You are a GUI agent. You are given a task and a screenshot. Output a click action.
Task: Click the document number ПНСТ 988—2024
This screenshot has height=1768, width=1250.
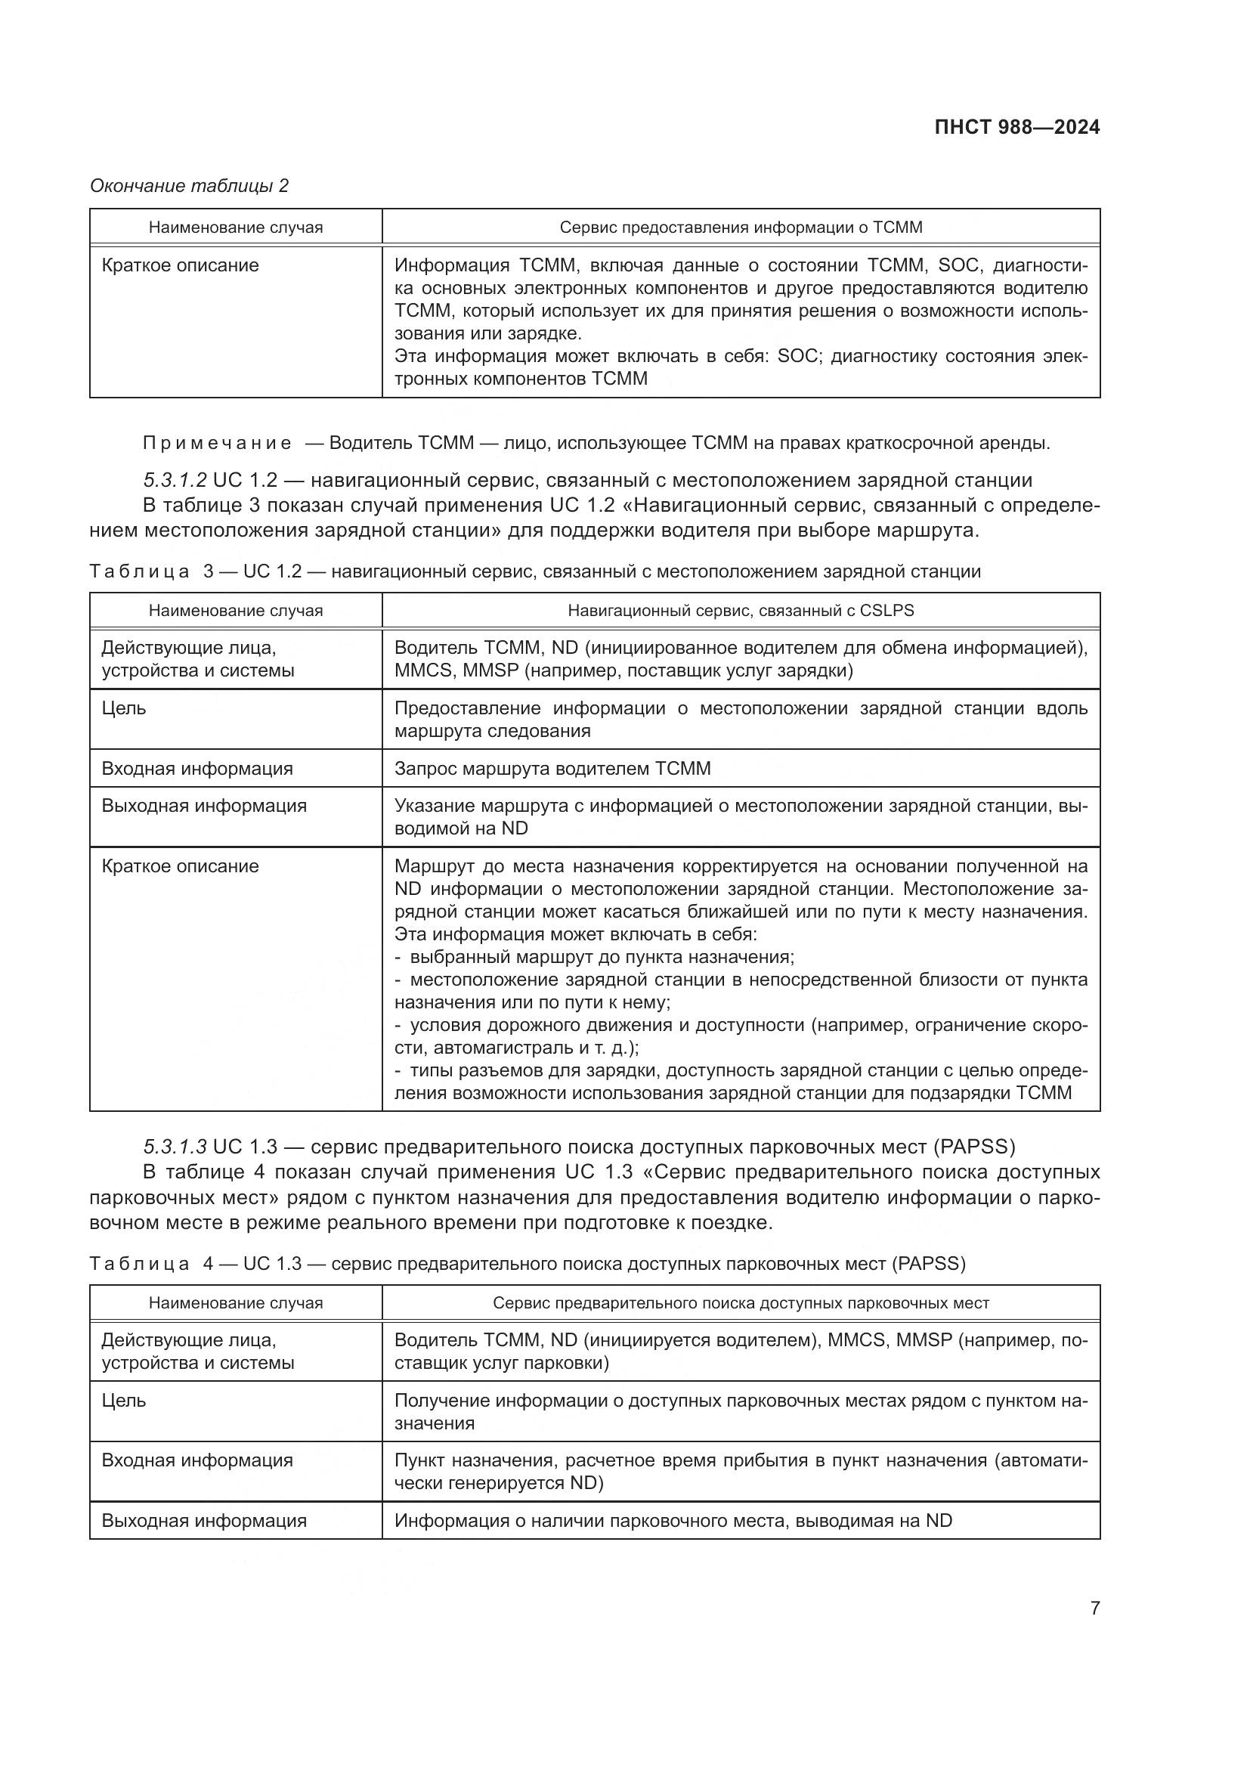pyautogui.click(x=1016, y=127)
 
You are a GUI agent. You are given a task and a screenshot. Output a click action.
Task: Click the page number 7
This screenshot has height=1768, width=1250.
pyautogui.click(x=1094, y=1608)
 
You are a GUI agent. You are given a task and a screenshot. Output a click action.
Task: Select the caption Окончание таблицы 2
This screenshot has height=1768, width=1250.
pyautogui.click(x=190, y=186)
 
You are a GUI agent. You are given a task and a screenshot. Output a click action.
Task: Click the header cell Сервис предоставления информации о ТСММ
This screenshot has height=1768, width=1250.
pyautogui.click(x=741, y=228)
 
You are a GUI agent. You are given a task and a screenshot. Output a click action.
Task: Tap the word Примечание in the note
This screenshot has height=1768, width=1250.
pyautogui.click(x=218, y=443)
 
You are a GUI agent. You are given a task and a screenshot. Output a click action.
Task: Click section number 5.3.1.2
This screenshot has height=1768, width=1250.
pyautogui.click(x=175, y=480)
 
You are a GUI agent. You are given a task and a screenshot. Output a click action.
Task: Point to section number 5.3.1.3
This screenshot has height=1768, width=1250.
pyautogui.click(x=175, y=1147)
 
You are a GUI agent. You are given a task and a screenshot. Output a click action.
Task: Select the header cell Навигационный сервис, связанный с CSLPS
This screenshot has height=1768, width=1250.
pyautogui.click(x=741, y=611)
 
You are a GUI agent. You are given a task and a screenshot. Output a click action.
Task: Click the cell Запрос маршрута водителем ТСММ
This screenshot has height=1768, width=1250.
pyautogui.click(x=552, y=769)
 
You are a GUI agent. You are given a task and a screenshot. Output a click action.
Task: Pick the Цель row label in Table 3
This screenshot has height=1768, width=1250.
pyautogui.click(x=124, y=708)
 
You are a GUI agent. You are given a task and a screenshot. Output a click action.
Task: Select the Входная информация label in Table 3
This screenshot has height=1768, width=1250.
pyautogui.click(x=197, y=769)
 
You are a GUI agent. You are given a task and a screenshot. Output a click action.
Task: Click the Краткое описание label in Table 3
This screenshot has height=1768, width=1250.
pyautogui.click(x=180, y=865)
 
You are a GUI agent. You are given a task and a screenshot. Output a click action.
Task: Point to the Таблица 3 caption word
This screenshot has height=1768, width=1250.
pyautogui.click(x=139, y=571)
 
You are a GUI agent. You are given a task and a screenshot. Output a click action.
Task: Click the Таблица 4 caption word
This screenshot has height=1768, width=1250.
pyautogui.click(x=139, y=1264)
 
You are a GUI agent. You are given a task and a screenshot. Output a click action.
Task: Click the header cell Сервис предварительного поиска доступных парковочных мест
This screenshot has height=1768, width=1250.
pyautogui.click(x=741, y=1303)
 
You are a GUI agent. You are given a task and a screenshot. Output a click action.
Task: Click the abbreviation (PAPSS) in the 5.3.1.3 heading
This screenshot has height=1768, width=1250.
pyautogui.click(x=973, y=1147)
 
